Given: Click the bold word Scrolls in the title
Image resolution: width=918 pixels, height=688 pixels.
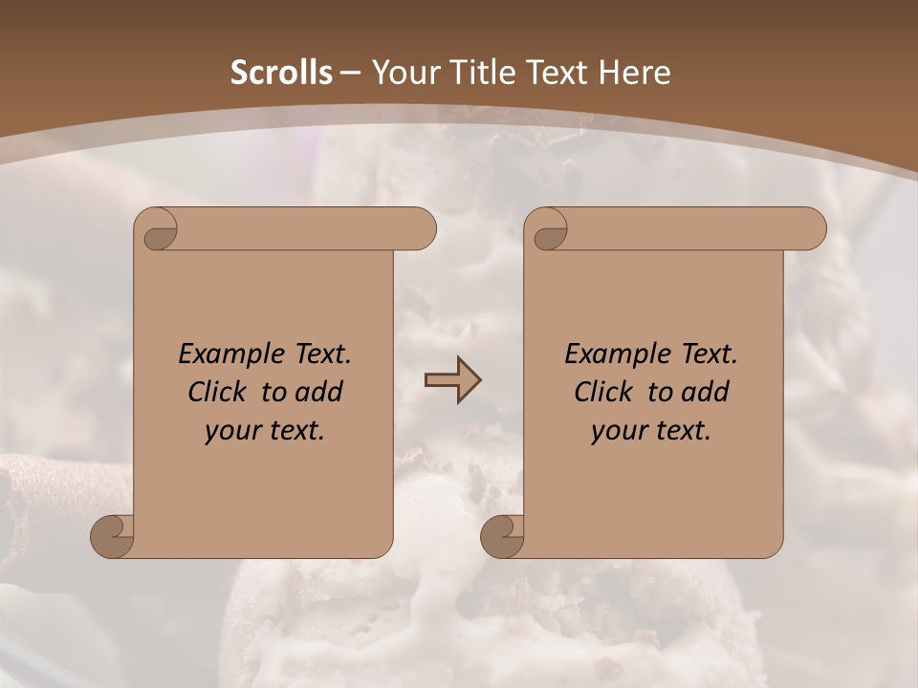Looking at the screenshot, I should [282, 73].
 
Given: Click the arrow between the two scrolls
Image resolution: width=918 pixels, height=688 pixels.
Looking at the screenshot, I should [452, 379].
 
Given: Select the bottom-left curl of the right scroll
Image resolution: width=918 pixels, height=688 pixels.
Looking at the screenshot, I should [503, 535].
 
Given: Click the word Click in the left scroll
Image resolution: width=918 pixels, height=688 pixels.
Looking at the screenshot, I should [218, 392].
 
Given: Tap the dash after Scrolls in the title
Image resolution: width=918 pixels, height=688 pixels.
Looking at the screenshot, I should [350, 73].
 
